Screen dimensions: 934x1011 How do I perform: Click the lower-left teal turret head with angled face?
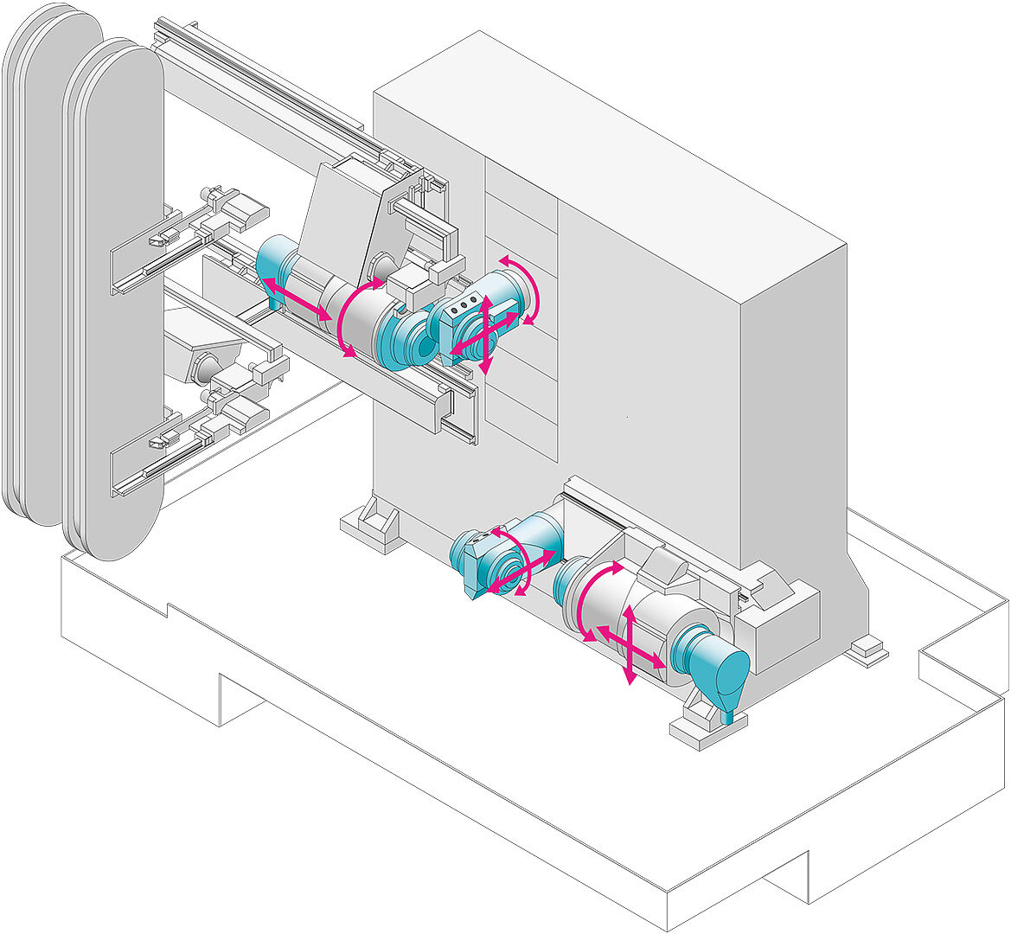pos(475,562)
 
